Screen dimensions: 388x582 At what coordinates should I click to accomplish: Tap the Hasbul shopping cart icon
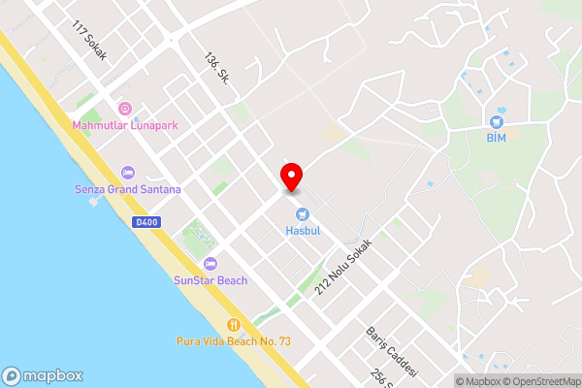pyautogui.click(x=302, y=213)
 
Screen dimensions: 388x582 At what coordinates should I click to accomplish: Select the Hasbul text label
pyautogui.click(x=302, y=231)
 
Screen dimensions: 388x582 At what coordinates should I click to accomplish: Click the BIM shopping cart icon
pyautogui.click(x=497, y=121)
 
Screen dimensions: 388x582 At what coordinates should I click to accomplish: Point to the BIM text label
pyautogui.click(x=497, y=139)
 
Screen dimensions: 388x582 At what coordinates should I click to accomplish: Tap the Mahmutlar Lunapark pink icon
pyautogui.click(x=124, y=109)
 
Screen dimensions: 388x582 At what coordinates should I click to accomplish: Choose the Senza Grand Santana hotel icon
pyautogui.click(x=127, y=172)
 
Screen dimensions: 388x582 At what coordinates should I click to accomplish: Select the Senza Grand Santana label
pyautogui.click(x=127, y=189)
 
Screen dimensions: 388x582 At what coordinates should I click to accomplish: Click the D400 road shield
pyautogui.click(x=145, y=223)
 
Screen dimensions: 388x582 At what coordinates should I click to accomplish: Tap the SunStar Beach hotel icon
pyautogui.click(x=210, y=263)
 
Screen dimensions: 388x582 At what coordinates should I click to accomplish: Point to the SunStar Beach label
pyautogui.click(x=210, y=280)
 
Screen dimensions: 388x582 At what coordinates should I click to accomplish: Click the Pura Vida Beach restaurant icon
pyautogui.click(x=233, y=324)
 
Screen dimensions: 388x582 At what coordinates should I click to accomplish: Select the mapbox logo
pyautogui.click(x=42, y=376)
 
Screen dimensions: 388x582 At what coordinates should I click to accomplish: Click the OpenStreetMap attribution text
pyautogui.click(x=540, y=380)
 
